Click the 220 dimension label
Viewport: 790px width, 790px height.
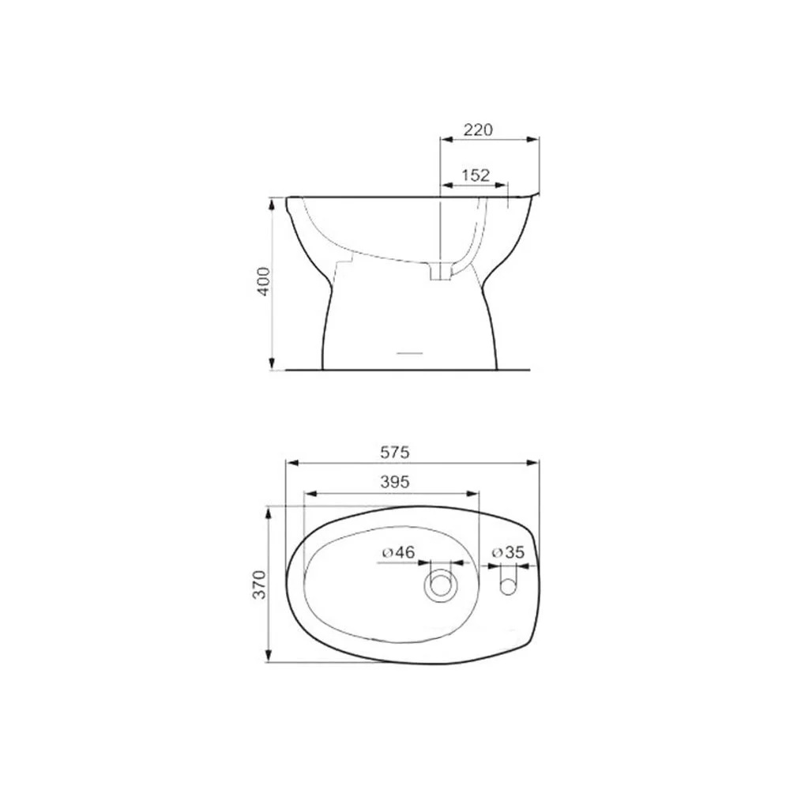click(x=478, y=130)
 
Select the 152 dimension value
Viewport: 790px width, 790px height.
click(x=476, y=175)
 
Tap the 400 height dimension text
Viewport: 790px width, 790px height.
click(x=264, y=282)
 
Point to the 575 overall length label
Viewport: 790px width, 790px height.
click(x=395, y=453)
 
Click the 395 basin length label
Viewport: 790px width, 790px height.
click(x=395, y=482)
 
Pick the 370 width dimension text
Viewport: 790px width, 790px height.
click(x=259, y=585)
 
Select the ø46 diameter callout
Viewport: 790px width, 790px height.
click(x=398, y=553)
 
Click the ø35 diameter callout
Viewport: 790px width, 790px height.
click(x=508, y=552)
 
